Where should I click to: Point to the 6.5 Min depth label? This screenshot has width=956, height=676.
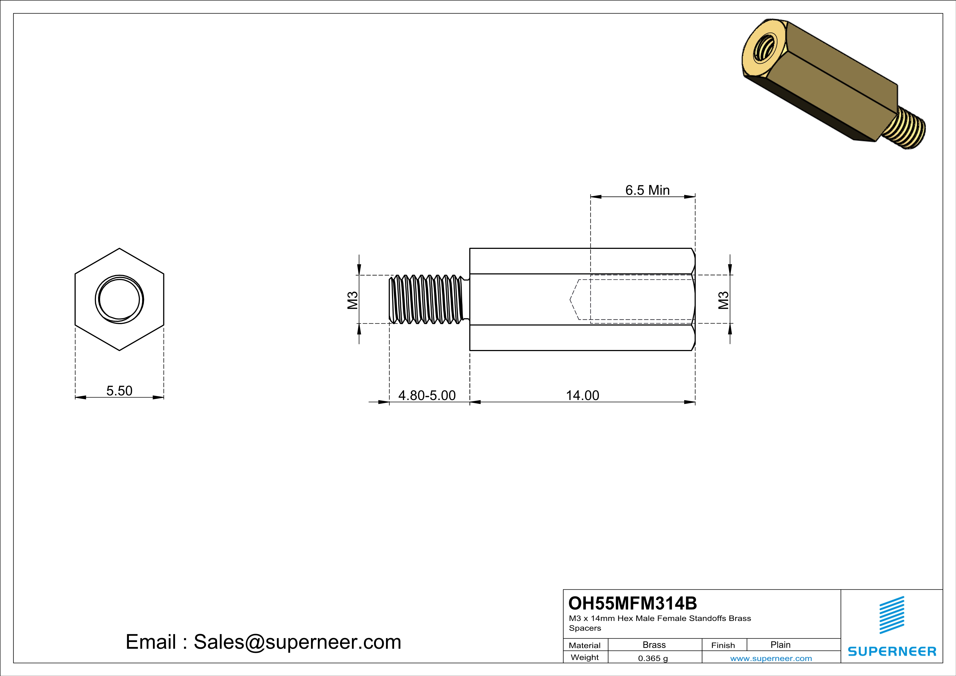647,190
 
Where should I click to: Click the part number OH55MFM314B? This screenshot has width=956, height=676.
632,603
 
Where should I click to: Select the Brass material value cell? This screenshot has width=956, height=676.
654,645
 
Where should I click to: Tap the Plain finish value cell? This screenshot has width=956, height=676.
780,645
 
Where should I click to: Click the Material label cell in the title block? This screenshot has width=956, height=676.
585,645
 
